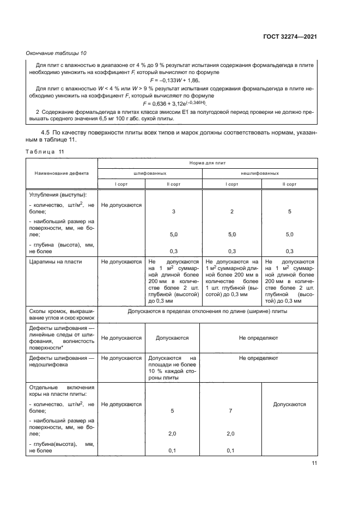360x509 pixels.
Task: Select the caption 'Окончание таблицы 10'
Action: [x=56, y=53]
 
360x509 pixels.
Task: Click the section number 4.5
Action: [x=47, y=132]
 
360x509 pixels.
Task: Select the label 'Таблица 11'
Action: [x=45, y=152]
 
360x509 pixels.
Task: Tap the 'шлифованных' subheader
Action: [x=150, y=173]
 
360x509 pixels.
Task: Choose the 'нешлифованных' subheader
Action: [x=260, y=173]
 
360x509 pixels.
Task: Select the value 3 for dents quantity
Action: [x=173, y=211]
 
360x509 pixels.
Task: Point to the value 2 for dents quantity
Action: [x=231, y=211]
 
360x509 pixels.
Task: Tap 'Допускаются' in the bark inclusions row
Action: [x=289, y=404]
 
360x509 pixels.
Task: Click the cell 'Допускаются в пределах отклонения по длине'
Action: [x=208, y=311]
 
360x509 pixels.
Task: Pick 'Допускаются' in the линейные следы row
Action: [x=173, y=338]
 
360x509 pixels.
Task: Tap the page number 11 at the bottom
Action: [x=314, y=463]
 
